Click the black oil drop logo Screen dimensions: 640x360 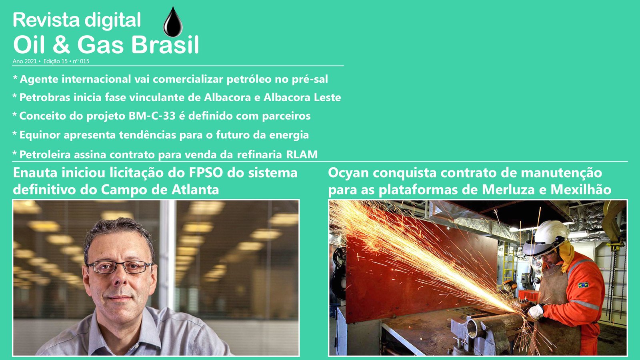173,22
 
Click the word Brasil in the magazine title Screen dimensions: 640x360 165,45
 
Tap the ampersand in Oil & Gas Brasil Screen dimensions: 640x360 61,45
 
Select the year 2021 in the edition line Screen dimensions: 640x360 30,61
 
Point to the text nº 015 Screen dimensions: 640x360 81,61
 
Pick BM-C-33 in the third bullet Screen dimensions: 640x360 152,116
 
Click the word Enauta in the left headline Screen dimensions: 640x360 32,173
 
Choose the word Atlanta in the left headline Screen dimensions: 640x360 196,190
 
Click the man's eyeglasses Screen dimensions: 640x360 120,267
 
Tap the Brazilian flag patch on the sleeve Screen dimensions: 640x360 583,285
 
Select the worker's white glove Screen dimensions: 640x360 536,312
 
